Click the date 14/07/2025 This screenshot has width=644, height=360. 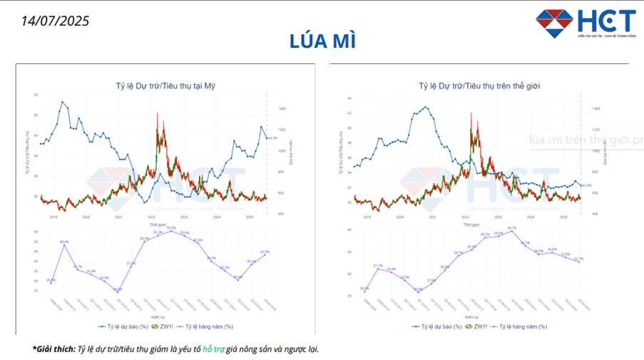point(56,20)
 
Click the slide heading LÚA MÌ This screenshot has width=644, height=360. point(322,41)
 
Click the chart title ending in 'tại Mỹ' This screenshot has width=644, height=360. point(165,86)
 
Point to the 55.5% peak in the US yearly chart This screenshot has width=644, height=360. point(171,230)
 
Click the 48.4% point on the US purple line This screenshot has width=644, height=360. point(64,245)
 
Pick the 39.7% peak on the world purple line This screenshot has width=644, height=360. point(511,231)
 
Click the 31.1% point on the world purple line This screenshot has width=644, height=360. point(378,268)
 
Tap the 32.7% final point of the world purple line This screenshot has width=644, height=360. point(578,262)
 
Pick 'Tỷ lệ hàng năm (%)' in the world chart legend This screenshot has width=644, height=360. point(522,326)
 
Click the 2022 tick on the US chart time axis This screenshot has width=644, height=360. point(151,217)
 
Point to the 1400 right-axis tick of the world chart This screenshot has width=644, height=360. point(596,109)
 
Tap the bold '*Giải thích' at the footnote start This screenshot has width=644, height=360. point(53,349)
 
